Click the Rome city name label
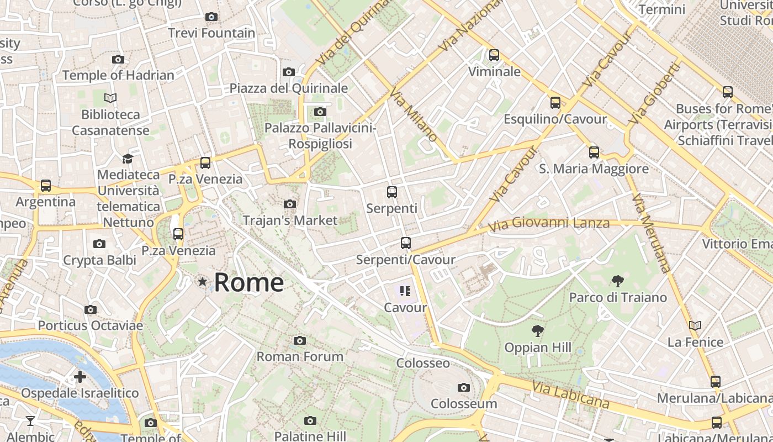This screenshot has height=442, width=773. click(x=248, y=282)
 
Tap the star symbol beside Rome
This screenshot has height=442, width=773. click(x=203, y=282)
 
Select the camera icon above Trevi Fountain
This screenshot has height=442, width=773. click(x=211, y=17)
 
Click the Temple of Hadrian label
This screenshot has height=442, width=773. click(x=118, y=75)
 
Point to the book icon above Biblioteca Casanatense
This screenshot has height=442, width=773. click(x=110, y=98)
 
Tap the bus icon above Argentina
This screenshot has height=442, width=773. click(x=46, y=186)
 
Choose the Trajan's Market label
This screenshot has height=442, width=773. click(x=290, y=220)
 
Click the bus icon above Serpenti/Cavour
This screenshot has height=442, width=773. click(x=406, y=243)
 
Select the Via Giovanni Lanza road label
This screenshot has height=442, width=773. click(x=549, y=224)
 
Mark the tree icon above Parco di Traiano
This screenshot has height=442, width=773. click(x=618, y=281)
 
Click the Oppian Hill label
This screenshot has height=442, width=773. click(x=538, y=348)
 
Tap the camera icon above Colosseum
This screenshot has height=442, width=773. click(x=464, y=387)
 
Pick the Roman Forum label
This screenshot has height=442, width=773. click(x=300, y=356)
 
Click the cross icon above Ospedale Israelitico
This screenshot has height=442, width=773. click(x=80, y=377)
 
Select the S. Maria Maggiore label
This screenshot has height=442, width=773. click(x=594, y=169)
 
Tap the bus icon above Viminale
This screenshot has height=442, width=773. click(x=494, y=55)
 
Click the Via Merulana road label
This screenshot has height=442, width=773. click(x=652, y=232)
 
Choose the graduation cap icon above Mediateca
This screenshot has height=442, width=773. click(x=128, y=159)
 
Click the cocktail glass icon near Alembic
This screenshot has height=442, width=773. click(x=30, y=421)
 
